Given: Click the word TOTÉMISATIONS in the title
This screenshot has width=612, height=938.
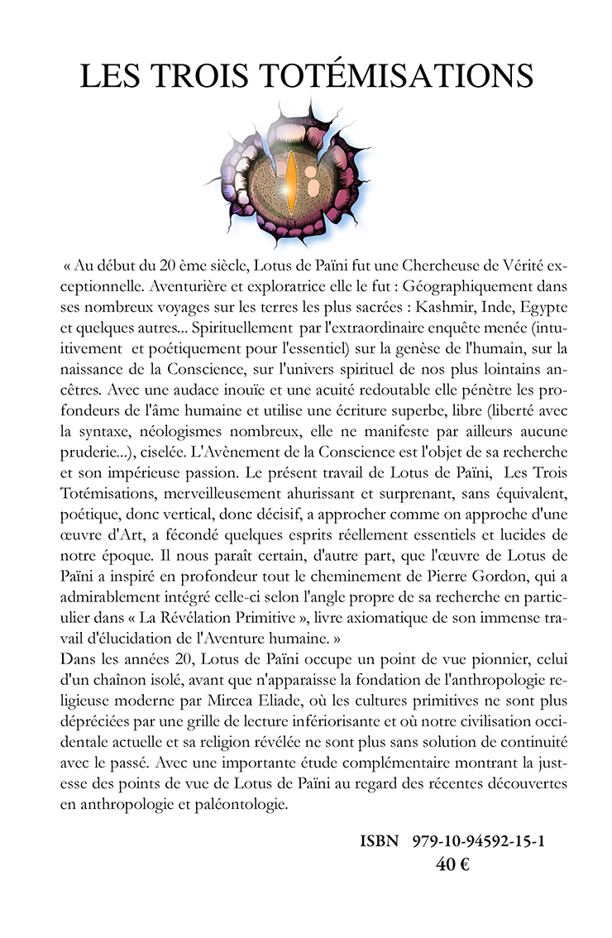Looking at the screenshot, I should (x=397, y=76).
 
